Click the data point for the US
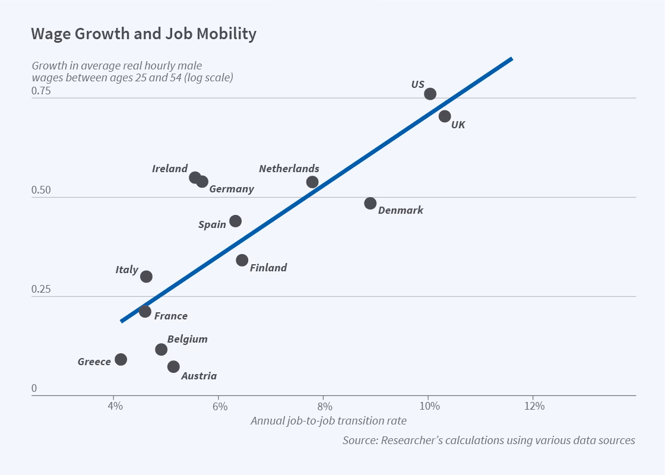(x=430, y=94)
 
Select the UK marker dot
(x=445, y=116)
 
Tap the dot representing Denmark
(x=370, y=203)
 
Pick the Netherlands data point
(x=312, y=182)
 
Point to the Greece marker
(x=121, y=359)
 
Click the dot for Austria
(x=173, y=367)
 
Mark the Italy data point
(x=146, y=277)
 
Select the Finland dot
(x=242, y=260)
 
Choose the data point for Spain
(x=236, y=221)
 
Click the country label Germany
(x=231, y=189)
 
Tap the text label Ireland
(x=170, y=169)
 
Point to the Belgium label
(x=187, y=340)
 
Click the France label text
(x=170, y=316)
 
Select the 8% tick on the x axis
(x=324, y=407)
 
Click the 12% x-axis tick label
(x=534, y=407)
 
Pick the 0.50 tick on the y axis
(x=42, y=191)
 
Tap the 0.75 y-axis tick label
(x=42, y=91)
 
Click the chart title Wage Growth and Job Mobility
(x=144, y=34)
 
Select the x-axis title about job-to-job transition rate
(x=328, y=421)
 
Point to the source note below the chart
(x=488, y=441)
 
